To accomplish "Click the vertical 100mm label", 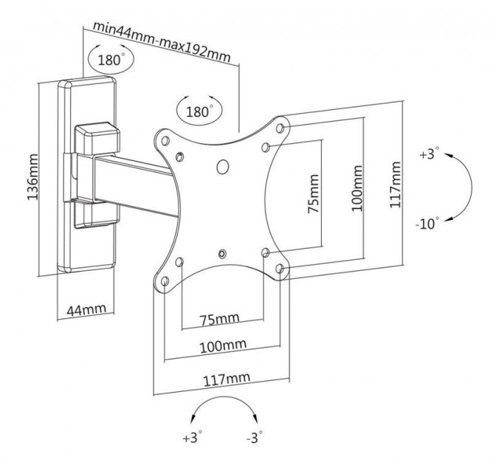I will (x=357, y=189).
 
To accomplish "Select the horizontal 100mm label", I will (x=222, y=345).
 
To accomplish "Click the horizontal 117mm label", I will (x=225, y=379).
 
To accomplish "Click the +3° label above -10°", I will (x=427, y=155).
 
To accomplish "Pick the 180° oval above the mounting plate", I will (x=199, y=112).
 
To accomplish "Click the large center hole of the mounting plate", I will (x=222, y=166).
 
